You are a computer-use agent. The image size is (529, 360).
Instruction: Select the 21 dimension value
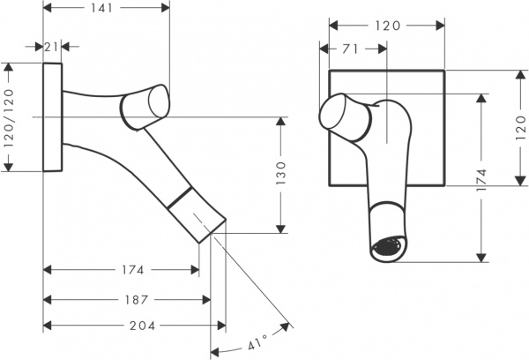[x=53, y=48]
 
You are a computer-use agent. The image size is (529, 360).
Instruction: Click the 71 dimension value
[x=351, y=49]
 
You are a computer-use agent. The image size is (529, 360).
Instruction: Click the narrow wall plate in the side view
[x=53, y=117]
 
